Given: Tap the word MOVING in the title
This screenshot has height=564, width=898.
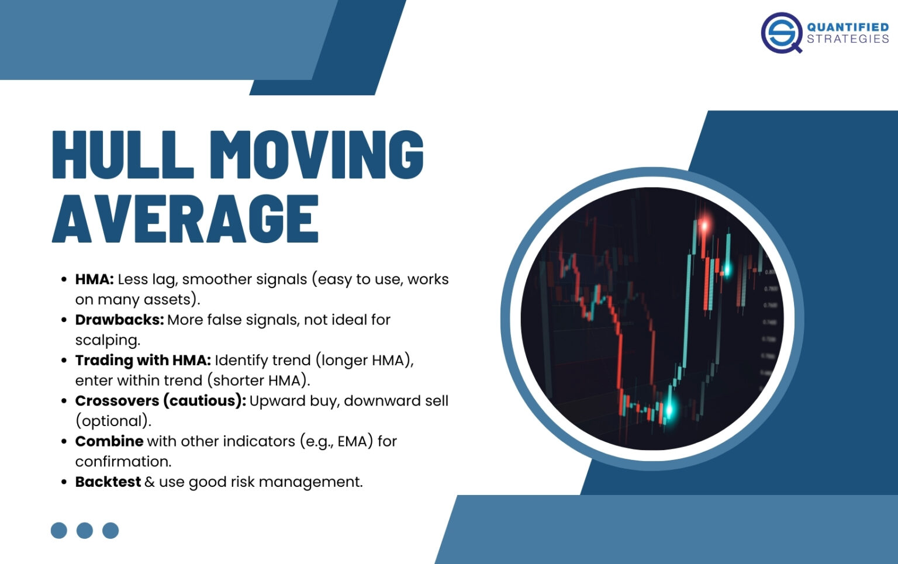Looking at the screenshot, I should (316, 154).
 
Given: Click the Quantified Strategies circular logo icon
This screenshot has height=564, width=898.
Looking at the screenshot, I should (782, 33).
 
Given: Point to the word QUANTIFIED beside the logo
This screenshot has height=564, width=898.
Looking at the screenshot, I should (848, 27).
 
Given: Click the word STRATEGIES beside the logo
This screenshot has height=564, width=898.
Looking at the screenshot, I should (848, 39).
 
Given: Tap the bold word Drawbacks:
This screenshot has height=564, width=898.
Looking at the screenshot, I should (119, 320).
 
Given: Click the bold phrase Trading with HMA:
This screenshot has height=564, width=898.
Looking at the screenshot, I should (143, 360).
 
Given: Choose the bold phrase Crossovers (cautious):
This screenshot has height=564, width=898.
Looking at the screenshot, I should (160, 401).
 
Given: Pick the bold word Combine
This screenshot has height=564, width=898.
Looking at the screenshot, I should (109, 441).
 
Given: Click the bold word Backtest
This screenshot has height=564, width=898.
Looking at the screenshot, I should (108, 482).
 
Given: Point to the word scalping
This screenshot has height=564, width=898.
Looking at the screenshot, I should (108, 340).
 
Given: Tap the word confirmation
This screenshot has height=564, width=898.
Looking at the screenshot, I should (123, 462).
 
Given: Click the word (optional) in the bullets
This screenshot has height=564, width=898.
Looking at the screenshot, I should (113, 421).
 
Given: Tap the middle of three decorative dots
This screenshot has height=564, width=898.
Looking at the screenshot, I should (85, 530).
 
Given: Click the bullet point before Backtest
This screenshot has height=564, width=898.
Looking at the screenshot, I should (64, 482).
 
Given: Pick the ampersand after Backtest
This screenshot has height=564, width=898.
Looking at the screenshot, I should (150, 482).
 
